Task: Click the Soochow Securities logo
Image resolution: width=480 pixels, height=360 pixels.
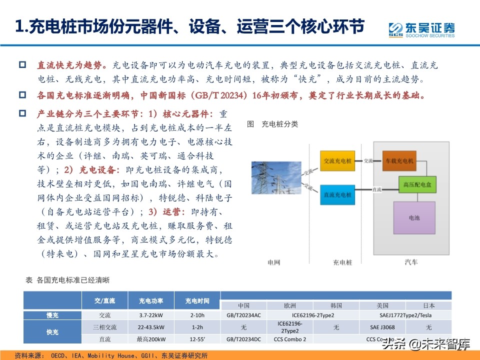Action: click(422, 29)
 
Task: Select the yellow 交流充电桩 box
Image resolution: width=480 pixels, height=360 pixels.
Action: click(337, 161)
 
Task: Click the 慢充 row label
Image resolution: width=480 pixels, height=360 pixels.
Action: click(52, 315)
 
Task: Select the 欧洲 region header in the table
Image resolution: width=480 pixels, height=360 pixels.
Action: click(290, 305)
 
